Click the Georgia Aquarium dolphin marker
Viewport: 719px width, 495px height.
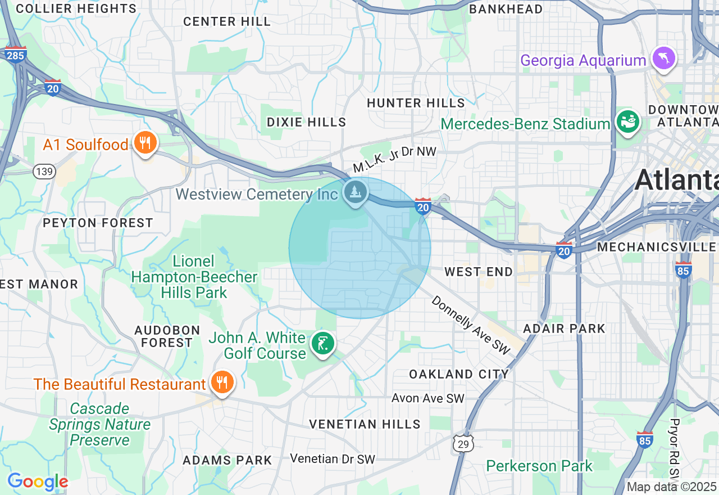click(x=663, y=58)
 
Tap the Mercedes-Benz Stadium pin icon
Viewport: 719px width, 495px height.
click(x=627, y=121)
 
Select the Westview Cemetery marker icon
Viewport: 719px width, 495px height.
click(x=355, y=192)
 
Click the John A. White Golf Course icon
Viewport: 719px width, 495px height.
click(x=322, y=343)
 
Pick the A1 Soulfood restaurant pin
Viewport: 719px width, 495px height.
click(x=145, y=143)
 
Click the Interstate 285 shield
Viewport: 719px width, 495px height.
click(x=15, y=55)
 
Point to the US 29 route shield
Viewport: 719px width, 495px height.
click(x=465, y=443)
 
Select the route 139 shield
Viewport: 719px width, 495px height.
click(x=44, y=172)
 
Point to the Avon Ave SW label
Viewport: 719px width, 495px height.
click(x=428, y=398)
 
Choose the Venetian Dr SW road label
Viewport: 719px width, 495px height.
click(x=332, y=459)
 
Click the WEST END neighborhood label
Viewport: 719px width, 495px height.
click(x=478, y=272)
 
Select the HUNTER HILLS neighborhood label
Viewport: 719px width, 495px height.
click(x=416, y=103)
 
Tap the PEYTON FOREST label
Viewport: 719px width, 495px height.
click(x=98, y=223)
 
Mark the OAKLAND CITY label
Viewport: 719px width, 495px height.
click(x=458, y=374)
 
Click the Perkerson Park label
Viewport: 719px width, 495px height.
click(x=539, y=466)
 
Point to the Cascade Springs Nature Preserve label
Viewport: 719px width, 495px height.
click(x=99, y=424)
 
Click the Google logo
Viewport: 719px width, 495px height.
click(x=38, y=482)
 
